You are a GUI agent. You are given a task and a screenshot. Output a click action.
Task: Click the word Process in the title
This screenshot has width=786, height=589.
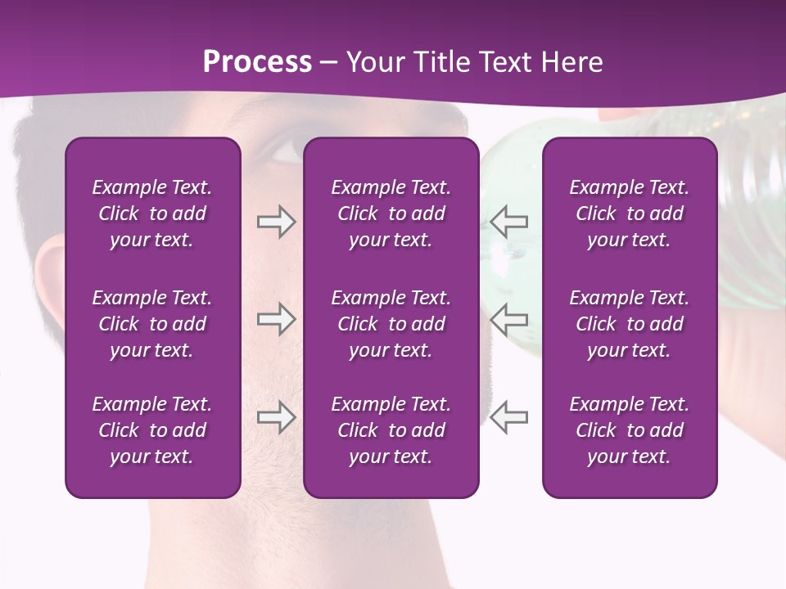257,62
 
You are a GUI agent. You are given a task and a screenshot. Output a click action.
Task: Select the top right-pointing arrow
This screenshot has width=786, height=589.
276,222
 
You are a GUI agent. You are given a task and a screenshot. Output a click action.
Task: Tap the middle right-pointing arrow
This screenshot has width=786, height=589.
276,319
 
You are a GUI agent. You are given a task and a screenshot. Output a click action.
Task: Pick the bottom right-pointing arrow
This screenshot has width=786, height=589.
276,417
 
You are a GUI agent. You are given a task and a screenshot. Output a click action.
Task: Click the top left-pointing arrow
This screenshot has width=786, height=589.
509,221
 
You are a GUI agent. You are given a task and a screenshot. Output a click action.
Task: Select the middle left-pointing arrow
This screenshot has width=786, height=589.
509,319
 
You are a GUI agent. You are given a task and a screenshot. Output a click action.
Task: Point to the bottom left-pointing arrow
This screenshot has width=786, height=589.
509,417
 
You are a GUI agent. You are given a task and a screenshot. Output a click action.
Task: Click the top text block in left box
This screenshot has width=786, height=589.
152,214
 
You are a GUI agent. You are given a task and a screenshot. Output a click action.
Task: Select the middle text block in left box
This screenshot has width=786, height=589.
152,324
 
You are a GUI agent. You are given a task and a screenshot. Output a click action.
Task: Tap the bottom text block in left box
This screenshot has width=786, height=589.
152,430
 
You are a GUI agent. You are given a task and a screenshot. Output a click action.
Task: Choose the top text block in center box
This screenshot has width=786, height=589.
391,214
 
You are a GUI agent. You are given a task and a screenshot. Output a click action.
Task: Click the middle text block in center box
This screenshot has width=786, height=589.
391,324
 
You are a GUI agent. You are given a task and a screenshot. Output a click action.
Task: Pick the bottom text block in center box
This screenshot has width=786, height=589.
391,430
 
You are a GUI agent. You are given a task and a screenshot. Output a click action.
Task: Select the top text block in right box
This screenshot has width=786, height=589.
629,214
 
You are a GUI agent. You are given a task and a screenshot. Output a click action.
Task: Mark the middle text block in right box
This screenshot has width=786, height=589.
629,324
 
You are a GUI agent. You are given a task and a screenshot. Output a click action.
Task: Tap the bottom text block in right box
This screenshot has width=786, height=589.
629,430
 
